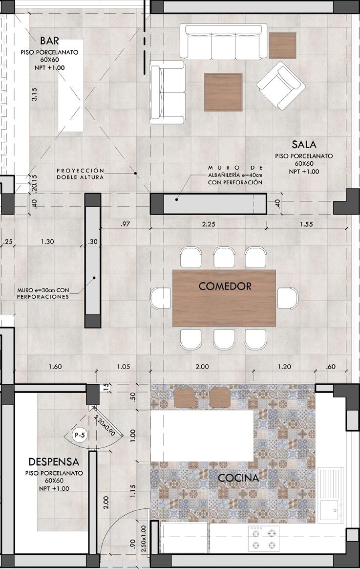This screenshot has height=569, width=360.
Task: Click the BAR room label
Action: click(49, 40)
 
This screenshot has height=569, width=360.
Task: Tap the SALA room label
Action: click(304, 144)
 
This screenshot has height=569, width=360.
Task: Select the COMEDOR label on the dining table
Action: click(225, 286)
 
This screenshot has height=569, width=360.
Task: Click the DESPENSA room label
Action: click(54, 461)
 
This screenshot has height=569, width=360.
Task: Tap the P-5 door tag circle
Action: click(79, 435)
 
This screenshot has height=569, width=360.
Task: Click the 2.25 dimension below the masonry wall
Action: click(209, 224)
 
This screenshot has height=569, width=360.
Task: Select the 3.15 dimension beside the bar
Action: click(35, 94)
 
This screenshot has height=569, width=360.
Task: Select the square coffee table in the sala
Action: click(223, 92)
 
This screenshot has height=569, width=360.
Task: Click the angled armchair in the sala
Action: click(281, 85)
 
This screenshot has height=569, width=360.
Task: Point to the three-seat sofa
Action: click(224, 42)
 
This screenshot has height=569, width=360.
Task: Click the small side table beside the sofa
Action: click(283, 45)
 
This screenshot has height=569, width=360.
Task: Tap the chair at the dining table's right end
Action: click(288, 298)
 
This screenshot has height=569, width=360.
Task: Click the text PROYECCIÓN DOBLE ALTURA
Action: click(80, 174)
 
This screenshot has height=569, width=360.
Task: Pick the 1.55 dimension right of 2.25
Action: click(306, 224)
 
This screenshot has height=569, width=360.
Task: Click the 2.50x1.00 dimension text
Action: click(143, 537)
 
